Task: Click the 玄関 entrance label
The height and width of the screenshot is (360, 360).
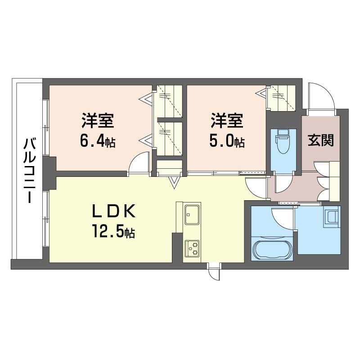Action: tap(320, 141)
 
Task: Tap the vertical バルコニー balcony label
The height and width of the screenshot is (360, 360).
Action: tap(30, 172)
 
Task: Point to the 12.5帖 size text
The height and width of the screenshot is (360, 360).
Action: tap(113, 232)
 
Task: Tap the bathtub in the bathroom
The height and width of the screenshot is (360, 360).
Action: tap(273, 249)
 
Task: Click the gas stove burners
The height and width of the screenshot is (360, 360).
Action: tap(193, 248)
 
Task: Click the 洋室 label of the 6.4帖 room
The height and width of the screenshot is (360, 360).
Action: tap(98, 121)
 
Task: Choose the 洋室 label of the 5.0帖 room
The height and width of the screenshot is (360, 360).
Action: tap(228, 121)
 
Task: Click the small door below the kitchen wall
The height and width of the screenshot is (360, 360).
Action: tap(214, 272)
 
